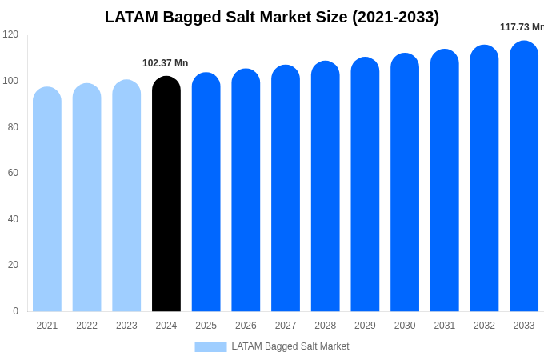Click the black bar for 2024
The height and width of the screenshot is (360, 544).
point(166,196)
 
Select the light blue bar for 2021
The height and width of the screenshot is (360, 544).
point(47,200)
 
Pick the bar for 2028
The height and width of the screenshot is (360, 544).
point(326,188)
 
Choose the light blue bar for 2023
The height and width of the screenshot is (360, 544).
point(126,197)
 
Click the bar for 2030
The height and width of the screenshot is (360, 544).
point(405,184)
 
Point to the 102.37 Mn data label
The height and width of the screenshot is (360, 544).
point(165,63)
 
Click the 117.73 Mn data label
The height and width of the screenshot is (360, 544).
point(521,27)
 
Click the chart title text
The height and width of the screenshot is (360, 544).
point(272,17)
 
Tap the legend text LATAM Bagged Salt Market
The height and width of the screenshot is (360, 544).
point(290,346)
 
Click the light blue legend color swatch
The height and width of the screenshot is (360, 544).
point(210,346)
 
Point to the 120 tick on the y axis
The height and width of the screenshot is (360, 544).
point(10,34)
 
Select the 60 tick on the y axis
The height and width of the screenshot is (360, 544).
point(13,173)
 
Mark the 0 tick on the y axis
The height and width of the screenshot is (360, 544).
point(15,311)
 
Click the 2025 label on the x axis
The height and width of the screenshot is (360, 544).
point(206,326)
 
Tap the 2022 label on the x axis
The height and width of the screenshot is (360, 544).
point(86,326)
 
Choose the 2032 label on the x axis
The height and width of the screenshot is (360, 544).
point(484,326)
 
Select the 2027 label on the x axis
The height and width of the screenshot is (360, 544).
point(286,326)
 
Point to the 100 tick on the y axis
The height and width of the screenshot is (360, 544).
point(10,81)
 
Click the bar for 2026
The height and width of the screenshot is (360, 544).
point(246,192)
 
